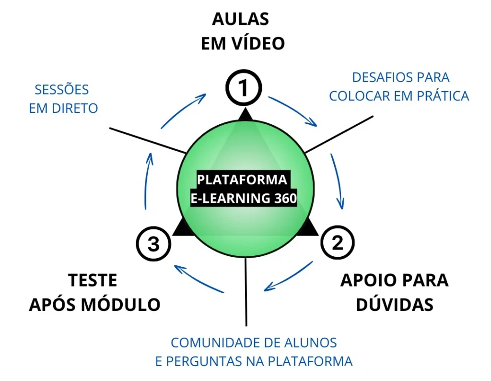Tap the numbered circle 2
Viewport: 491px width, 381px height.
point(337,243)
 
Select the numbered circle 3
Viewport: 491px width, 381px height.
point(153,244)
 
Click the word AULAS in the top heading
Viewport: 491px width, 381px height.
point(241,20)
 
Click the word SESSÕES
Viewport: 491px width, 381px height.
point(62,90)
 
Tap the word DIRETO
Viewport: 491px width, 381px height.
point(75,108)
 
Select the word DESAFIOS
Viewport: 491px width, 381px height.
point(378,77)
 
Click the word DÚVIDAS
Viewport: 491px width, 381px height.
point(394,304)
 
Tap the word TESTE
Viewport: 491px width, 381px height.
point(93,281)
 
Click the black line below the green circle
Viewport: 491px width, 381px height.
point(246,293)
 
